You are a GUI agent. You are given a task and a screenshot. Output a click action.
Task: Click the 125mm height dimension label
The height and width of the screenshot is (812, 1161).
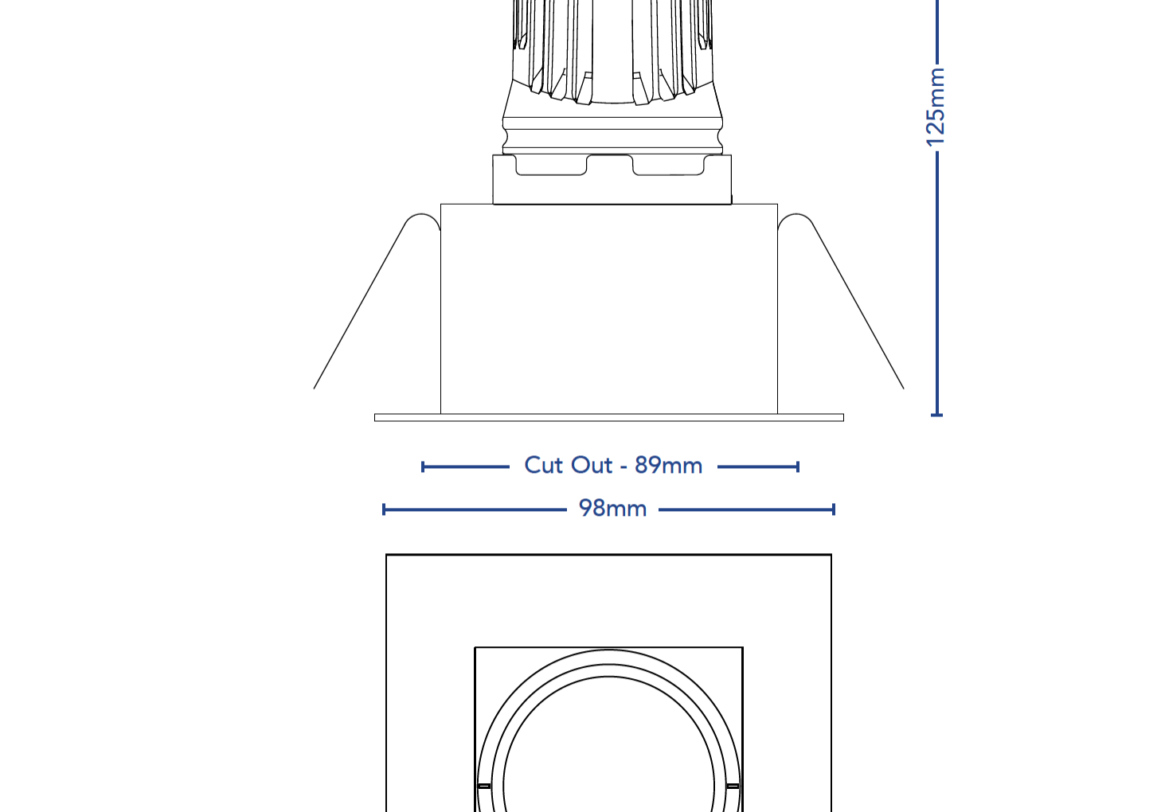(936, 107)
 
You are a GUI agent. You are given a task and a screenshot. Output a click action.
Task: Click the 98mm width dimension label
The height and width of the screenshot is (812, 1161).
(612, 509)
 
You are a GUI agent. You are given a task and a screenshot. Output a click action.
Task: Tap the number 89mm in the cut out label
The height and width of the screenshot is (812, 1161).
(668, 465)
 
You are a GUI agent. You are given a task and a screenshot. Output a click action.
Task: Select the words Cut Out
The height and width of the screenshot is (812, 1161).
(568, 465)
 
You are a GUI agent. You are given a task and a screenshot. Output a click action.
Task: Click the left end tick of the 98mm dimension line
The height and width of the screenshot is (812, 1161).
(384, 509)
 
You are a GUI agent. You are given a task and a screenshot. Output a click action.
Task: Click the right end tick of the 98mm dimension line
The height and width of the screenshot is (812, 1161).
(834, 509)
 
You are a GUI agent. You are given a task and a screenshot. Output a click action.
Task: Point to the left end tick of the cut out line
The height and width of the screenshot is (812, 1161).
(423, 467)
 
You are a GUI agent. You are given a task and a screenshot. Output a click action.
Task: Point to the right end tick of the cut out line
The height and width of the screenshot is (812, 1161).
(797, 467)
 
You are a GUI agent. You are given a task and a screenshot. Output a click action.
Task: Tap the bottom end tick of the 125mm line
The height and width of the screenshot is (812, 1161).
(937, 414)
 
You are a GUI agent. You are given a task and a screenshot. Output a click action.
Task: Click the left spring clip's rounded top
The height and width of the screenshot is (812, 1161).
(422, 217)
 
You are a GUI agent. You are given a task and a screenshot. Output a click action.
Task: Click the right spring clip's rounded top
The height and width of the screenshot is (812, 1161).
(795, 217)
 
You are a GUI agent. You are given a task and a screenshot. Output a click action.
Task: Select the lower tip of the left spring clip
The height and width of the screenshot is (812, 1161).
(315, 387)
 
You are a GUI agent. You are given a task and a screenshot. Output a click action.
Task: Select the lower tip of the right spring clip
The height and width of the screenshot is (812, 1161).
(902, 387)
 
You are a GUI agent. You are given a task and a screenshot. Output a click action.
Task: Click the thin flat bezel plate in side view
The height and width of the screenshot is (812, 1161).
(608, 417)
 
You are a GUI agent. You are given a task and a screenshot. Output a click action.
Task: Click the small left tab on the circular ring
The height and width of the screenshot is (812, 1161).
(483, 786)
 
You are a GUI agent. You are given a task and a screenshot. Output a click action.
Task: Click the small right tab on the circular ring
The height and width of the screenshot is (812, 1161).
(733, 786)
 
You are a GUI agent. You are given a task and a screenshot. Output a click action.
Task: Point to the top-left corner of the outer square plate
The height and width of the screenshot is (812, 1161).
(387, 556)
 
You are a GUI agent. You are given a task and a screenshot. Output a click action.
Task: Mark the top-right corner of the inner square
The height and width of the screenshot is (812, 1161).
(742, 648)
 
